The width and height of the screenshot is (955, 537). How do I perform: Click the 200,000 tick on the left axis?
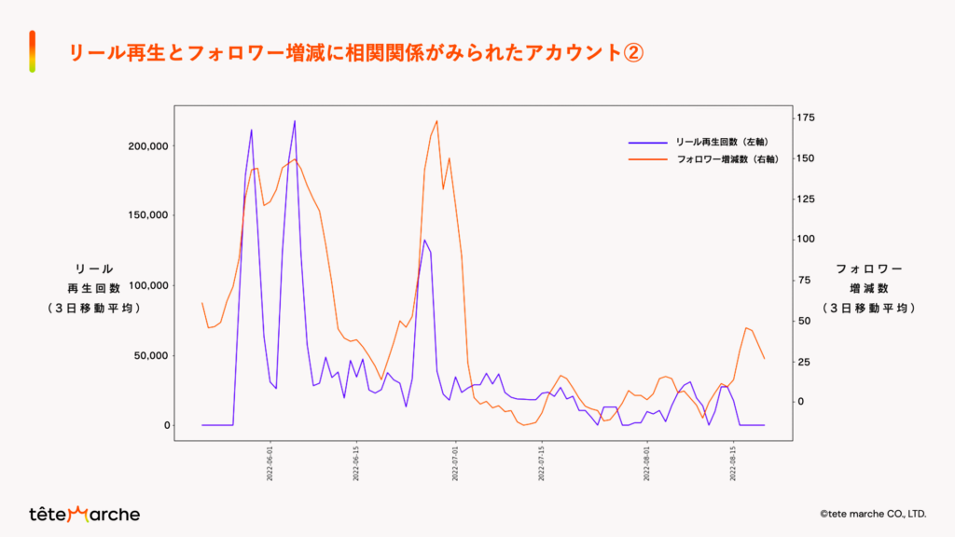(146, 145)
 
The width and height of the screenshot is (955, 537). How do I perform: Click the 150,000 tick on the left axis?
(146, 215)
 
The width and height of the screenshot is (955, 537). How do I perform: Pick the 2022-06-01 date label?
(270, 461)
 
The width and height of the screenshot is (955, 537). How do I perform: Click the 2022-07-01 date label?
(456, 461)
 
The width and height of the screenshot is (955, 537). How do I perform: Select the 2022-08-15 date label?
(733, 461)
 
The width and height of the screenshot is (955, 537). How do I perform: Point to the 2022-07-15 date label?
(543, 461)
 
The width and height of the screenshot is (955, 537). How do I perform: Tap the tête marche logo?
(84, 514)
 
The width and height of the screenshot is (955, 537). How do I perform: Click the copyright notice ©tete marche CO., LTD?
(872, 514)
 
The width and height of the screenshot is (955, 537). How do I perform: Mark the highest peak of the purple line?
(295, 120)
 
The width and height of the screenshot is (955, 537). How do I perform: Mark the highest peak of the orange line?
(436, 121)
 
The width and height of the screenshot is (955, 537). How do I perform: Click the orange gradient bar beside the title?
(33, 50)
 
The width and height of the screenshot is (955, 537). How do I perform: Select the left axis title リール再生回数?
(93, 288)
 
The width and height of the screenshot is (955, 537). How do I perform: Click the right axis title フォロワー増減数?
(868, 288)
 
